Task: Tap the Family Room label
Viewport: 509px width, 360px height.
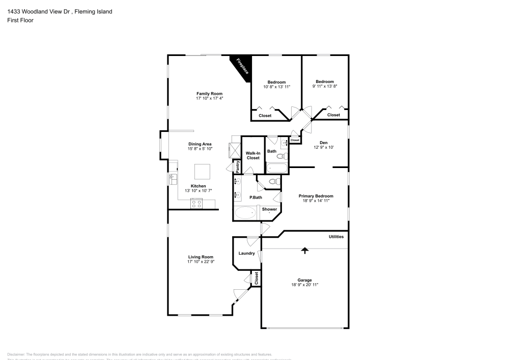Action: point(210,94)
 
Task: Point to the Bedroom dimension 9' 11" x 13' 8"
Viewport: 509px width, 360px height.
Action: point(324,87)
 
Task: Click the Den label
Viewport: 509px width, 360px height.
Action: point(323,143)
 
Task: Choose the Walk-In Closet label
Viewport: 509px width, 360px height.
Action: point(253,155)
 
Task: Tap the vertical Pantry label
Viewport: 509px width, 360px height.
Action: point(237,166)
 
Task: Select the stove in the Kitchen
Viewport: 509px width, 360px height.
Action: point(196,204)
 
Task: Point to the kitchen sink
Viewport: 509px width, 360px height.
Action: point(173,179)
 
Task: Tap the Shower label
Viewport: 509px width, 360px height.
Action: point(269,209)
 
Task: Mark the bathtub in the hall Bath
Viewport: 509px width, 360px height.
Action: point(276,169)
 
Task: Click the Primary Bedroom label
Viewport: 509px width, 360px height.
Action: point(316,196)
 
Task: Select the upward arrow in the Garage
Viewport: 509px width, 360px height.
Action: point(304,250)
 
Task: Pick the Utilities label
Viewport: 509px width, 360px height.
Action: point(336,237)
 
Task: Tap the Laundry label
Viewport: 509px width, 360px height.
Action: point(246,253)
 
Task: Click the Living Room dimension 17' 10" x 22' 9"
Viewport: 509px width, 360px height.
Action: point(201,262)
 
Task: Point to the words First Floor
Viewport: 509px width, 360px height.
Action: point(20,20)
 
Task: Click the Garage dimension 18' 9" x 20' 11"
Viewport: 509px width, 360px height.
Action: point(304,285)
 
